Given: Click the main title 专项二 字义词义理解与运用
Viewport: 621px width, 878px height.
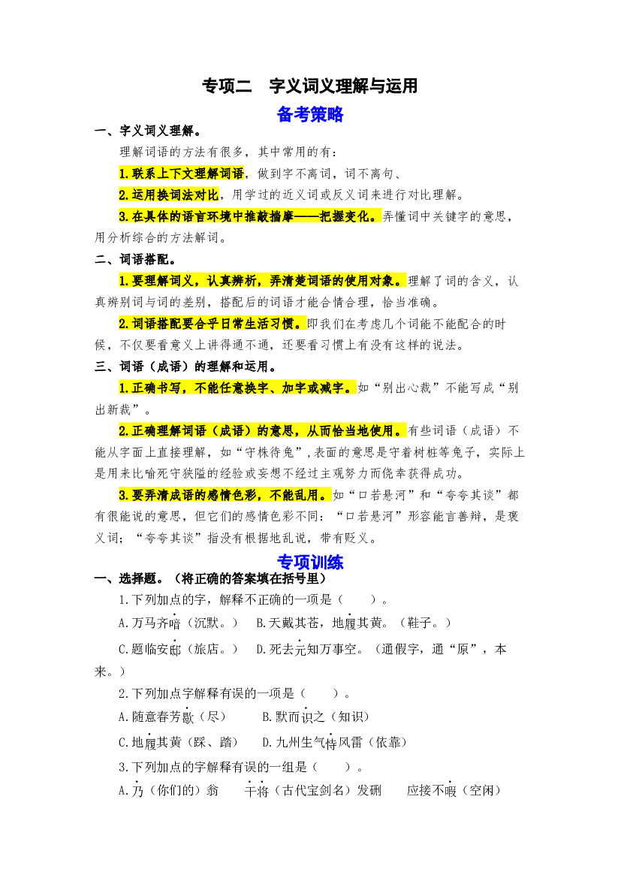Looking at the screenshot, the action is [309, 86].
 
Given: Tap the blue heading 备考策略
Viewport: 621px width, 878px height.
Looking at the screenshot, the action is [310, 114].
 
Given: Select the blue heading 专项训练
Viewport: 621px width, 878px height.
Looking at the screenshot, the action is [310, 562].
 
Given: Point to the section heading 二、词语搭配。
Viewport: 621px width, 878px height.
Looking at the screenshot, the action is [137, 259].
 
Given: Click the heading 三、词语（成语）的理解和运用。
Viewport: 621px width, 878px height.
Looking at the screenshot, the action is [186, 367].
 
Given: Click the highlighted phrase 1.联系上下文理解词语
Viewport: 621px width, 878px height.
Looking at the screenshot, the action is [182, 173].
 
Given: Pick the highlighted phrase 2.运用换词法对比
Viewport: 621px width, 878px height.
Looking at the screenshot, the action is [169, 195].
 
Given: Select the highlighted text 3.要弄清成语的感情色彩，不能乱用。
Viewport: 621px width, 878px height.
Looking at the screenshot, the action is [225, 495].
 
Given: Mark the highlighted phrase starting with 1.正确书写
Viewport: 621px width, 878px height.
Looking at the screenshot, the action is [237, 388].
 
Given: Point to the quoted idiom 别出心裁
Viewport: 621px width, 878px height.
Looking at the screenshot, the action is [406, 388].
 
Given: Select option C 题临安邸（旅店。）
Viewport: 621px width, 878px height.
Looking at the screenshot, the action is [178, 648].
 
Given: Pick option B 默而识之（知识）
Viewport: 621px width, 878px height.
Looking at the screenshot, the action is [315, 717].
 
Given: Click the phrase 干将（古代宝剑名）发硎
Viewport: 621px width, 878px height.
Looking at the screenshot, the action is [313, 790].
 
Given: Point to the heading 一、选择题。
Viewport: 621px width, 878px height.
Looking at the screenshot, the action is [130, 578].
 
